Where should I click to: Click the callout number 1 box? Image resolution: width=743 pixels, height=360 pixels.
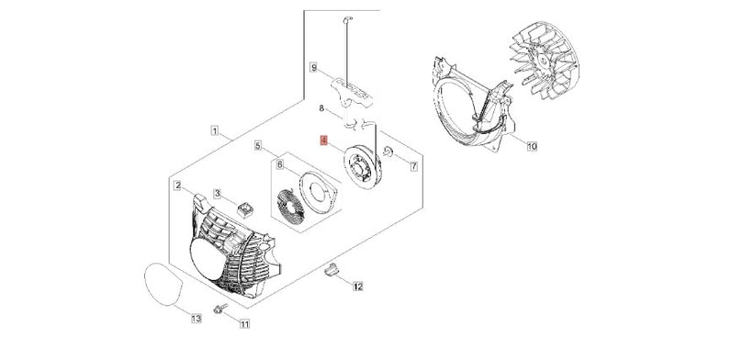215,130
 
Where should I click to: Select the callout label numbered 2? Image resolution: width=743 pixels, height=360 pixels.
177,186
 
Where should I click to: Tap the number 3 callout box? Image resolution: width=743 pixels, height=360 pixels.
218,193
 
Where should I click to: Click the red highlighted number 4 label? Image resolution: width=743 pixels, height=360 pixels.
323,141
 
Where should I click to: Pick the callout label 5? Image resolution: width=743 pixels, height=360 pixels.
258,145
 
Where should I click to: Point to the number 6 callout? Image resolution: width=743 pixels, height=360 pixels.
280,164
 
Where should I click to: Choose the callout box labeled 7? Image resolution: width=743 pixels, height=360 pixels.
413,166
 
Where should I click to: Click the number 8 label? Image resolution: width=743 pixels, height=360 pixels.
321,108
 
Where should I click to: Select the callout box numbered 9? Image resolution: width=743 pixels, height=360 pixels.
314,68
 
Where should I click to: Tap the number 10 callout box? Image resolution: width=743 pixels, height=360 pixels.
532,146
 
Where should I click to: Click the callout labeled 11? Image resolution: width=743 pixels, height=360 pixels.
244,324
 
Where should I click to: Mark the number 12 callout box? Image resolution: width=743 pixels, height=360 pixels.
358,287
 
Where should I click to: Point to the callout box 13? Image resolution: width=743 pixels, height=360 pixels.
197,319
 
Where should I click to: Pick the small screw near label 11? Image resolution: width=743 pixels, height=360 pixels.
220,309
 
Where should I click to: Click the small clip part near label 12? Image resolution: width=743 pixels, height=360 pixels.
332,269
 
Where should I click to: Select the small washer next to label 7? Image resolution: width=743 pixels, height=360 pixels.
388,152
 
